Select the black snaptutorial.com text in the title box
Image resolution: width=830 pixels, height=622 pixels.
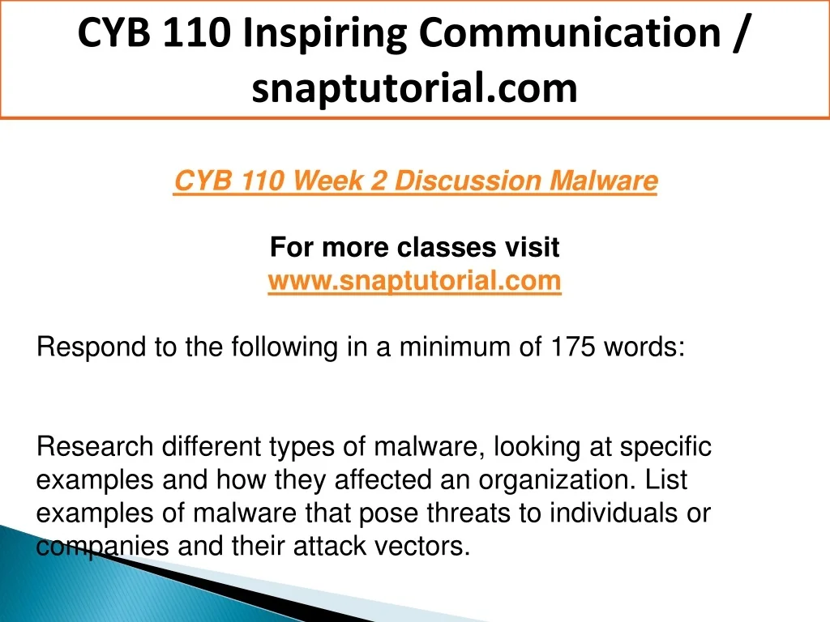pyautogui.click(x=414, y=87)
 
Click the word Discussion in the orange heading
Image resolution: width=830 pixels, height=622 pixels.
pyautogui.click(x=468, y=181)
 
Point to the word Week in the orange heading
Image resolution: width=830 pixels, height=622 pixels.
pyautogui.click(x=327, y=181)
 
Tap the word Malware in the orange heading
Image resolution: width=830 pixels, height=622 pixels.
pyautogui.click(x=603, y=181)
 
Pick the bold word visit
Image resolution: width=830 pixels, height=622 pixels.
pyautogui.click(x=532, y=247)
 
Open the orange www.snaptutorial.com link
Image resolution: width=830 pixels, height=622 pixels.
pyautogui.click(x=414, y=280)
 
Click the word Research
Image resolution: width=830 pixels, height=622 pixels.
pyautogui.click(x=96, y=446)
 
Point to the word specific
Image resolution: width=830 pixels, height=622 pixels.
pyautogui.click(x=665, y=447)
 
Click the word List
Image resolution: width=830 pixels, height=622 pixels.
pyautogui.click(x=666, y=479)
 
